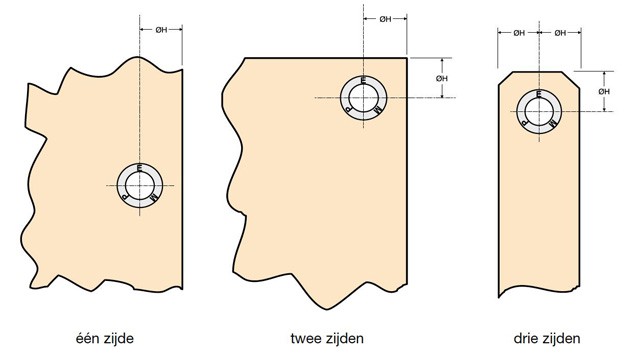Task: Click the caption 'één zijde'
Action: [x=104, y=338]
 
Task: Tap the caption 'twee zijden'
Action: [x=327, y=338]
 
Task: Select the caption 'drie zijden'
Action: [x=547, y=338]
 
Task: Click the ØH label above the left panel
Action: [x=161, y=30]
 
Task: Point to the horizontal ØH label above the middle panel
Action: [x=385, y=19]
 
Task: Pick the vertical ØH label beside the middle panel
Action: [x=442, y=78]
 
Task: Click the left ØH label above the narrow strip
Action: [x=519, y=33]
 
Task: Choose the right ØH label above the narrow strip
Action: [x=560, y=33]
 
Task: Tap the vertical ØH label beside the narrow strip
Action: [x=604, y=92]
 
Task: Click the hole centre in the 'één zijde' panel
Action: [x=140, y=185]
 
